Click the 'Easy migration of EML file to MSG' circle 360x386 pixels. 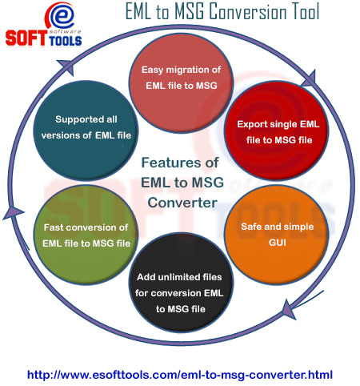181,83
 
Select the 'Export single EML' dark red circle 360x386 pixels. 277,131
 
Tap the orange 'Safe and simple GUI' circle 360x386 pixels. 277,235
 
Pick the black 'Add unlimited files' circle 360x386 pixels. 181,283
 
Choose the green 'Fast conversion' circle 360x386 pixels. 86,235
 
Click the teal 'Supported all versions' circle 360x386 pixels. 86,131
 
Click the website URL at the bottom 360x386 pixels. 180,375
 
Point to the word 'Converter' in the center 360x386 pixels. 182,203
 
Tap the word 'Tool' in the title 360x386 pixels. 306,11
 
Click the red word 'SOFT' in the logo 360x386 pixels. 26,38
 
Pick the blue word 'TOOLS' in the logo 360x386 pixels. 65,40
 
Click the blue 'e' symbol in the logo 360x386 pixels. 62,16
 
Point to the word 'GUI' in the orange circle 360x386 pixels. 278,243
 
